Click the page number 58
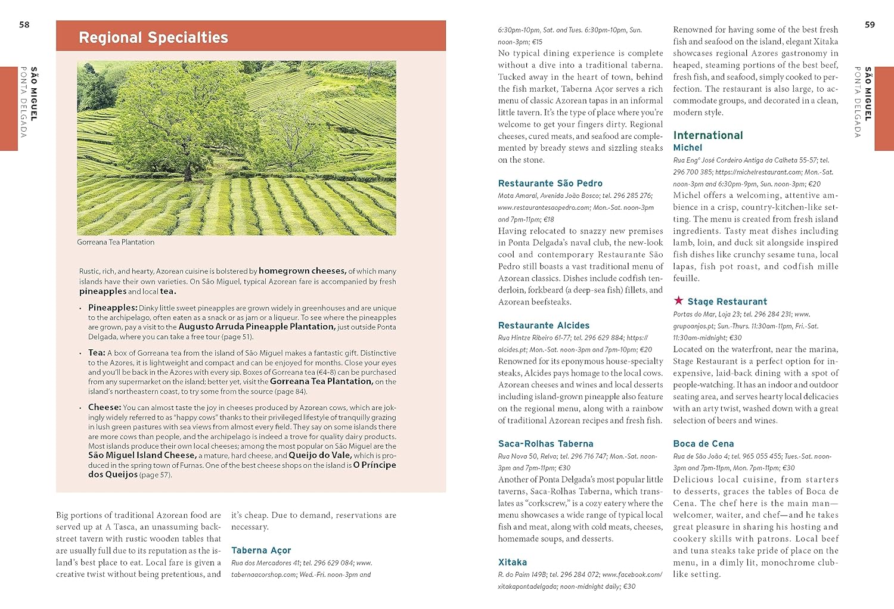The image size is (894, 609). tap(24, 24)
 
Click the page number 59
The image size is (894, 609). tap(870, 24)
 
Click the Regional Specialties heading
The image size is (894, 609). tap(153, 38)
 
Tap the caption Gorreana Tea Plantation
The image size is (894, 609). tap(116, 243)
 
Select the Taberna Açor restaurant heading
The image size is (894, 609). tap(261, 551)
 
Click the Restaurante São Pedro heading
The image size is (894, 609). tap(550, 184)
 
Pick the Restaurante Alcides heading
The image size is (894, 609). tap(544, 325)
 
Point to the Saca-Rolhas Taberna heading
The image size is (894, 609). tap(545, 444)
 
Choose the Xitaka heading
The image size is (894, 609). tap(513, 563)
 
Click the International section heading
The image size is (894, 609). tap(708, 135)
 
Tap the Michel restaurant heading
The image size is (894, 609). tap(688, 148)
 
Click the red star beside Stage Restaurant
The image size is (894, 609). tap(678, 300)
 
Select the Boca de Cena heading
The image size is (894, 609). tap(703, 444)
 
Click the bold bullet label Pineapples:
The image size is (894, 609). tap(113, 307)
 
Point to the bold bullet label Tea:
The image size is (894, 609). tap(97, 353)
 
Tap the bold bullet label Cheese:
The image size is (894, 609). tap(105, 408)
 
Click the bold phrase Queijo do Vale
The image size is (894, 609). tap(320, 455)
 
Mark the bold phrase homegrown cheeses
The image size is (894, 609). tap(302, 271)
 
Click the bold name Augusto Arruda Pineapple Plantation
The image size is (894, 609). tap(257, 327)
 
